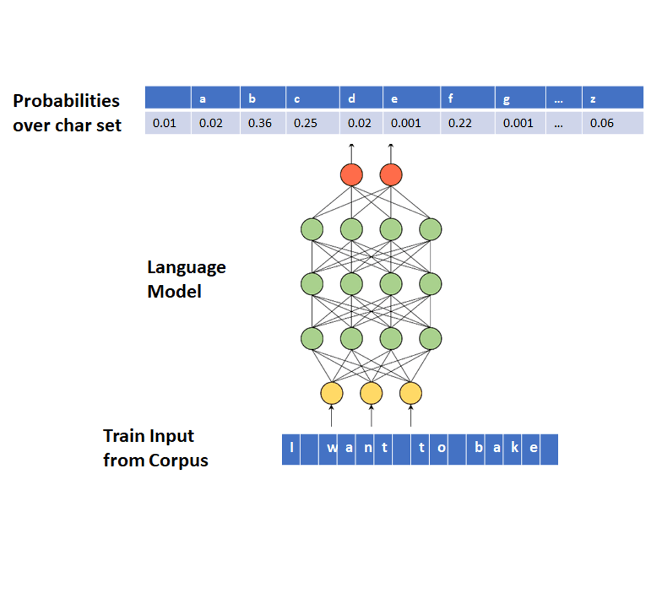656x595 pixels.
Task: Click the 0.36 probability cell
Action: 260,123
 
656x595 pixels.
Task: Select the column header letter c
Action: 297,99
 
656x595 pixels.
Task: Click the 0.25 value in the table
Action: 305,123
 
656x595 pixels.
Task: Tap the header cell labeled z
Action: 593,99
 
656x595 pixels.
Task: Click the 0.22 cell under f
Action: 457,123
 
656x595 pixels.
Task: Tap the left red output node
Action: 352,174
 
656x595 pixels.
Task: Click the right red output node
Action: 391,174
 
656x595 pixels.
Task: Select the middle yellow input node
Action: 371,393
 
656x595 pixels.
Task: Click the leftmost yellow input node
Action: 331,393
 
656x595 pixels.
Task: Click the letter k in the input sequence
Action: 515,448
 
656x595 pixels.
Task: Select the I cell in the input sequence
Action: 292,448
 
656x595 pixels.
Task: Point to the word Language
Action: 186,268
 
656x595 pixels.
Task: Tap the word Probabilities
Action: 66,101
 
